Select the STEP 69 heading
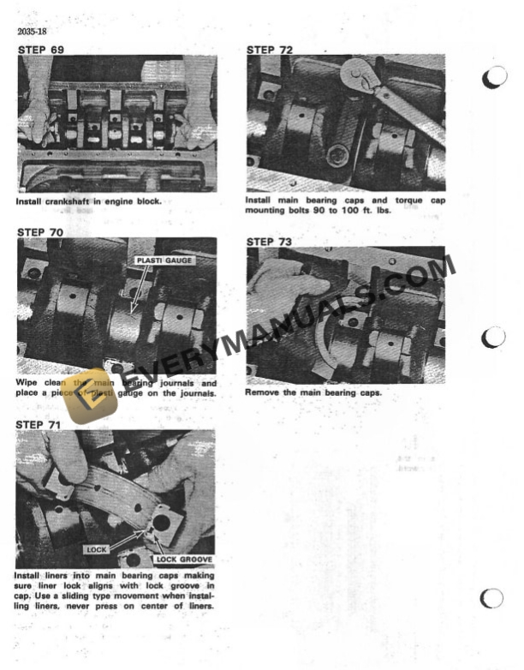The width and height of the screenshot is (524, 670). [x=40, y=50]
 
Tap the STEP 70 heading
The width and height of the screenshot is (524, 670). [x=40, y=232]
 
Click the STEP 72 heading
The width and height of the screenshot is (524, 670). [x=270, y=50]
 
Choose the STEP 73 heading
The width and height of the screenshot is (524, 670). [x=270, y=242]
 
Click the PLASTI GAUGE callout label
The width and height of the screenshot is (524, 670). [x=164, y=260]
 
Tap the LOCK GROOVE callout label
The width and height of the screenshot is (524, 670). [x=183, y=559]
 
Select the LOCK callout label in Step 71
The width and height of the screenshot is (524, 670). [x=96, y=547]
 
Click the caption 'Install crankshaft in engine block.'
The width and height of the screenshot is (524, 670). [x=88, y=202]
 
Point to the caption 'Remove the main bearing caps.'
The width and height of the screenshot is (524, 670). [x=313, y=392]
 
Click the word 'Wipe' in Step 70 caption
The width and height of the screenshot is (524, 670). [x=27, y=383]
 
